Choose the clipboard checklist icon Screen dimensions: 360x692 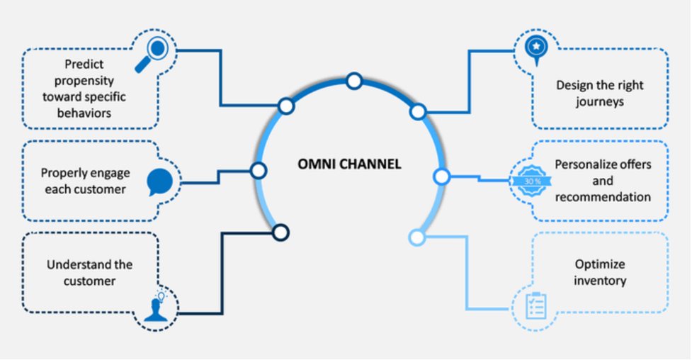coord(535,305)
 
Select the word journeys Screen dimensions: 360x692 coord(599,101)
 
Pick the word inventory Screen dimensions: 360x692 coord(600,281)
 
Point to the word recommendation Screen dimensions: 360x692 coord(603,196)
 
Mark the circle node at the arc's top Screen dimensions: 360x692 coord(354,81)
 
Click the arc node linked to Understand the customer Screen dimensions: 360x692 coord(280,232)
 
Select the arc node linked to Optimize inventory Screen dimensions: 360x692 coord(417,237)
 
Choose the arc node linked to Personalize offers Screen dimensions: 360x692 coord(441,176)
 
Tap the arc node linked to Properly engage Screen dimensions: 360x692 coord(259,170)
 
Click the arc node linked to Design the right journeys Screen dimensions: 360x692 coord(418,111)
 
